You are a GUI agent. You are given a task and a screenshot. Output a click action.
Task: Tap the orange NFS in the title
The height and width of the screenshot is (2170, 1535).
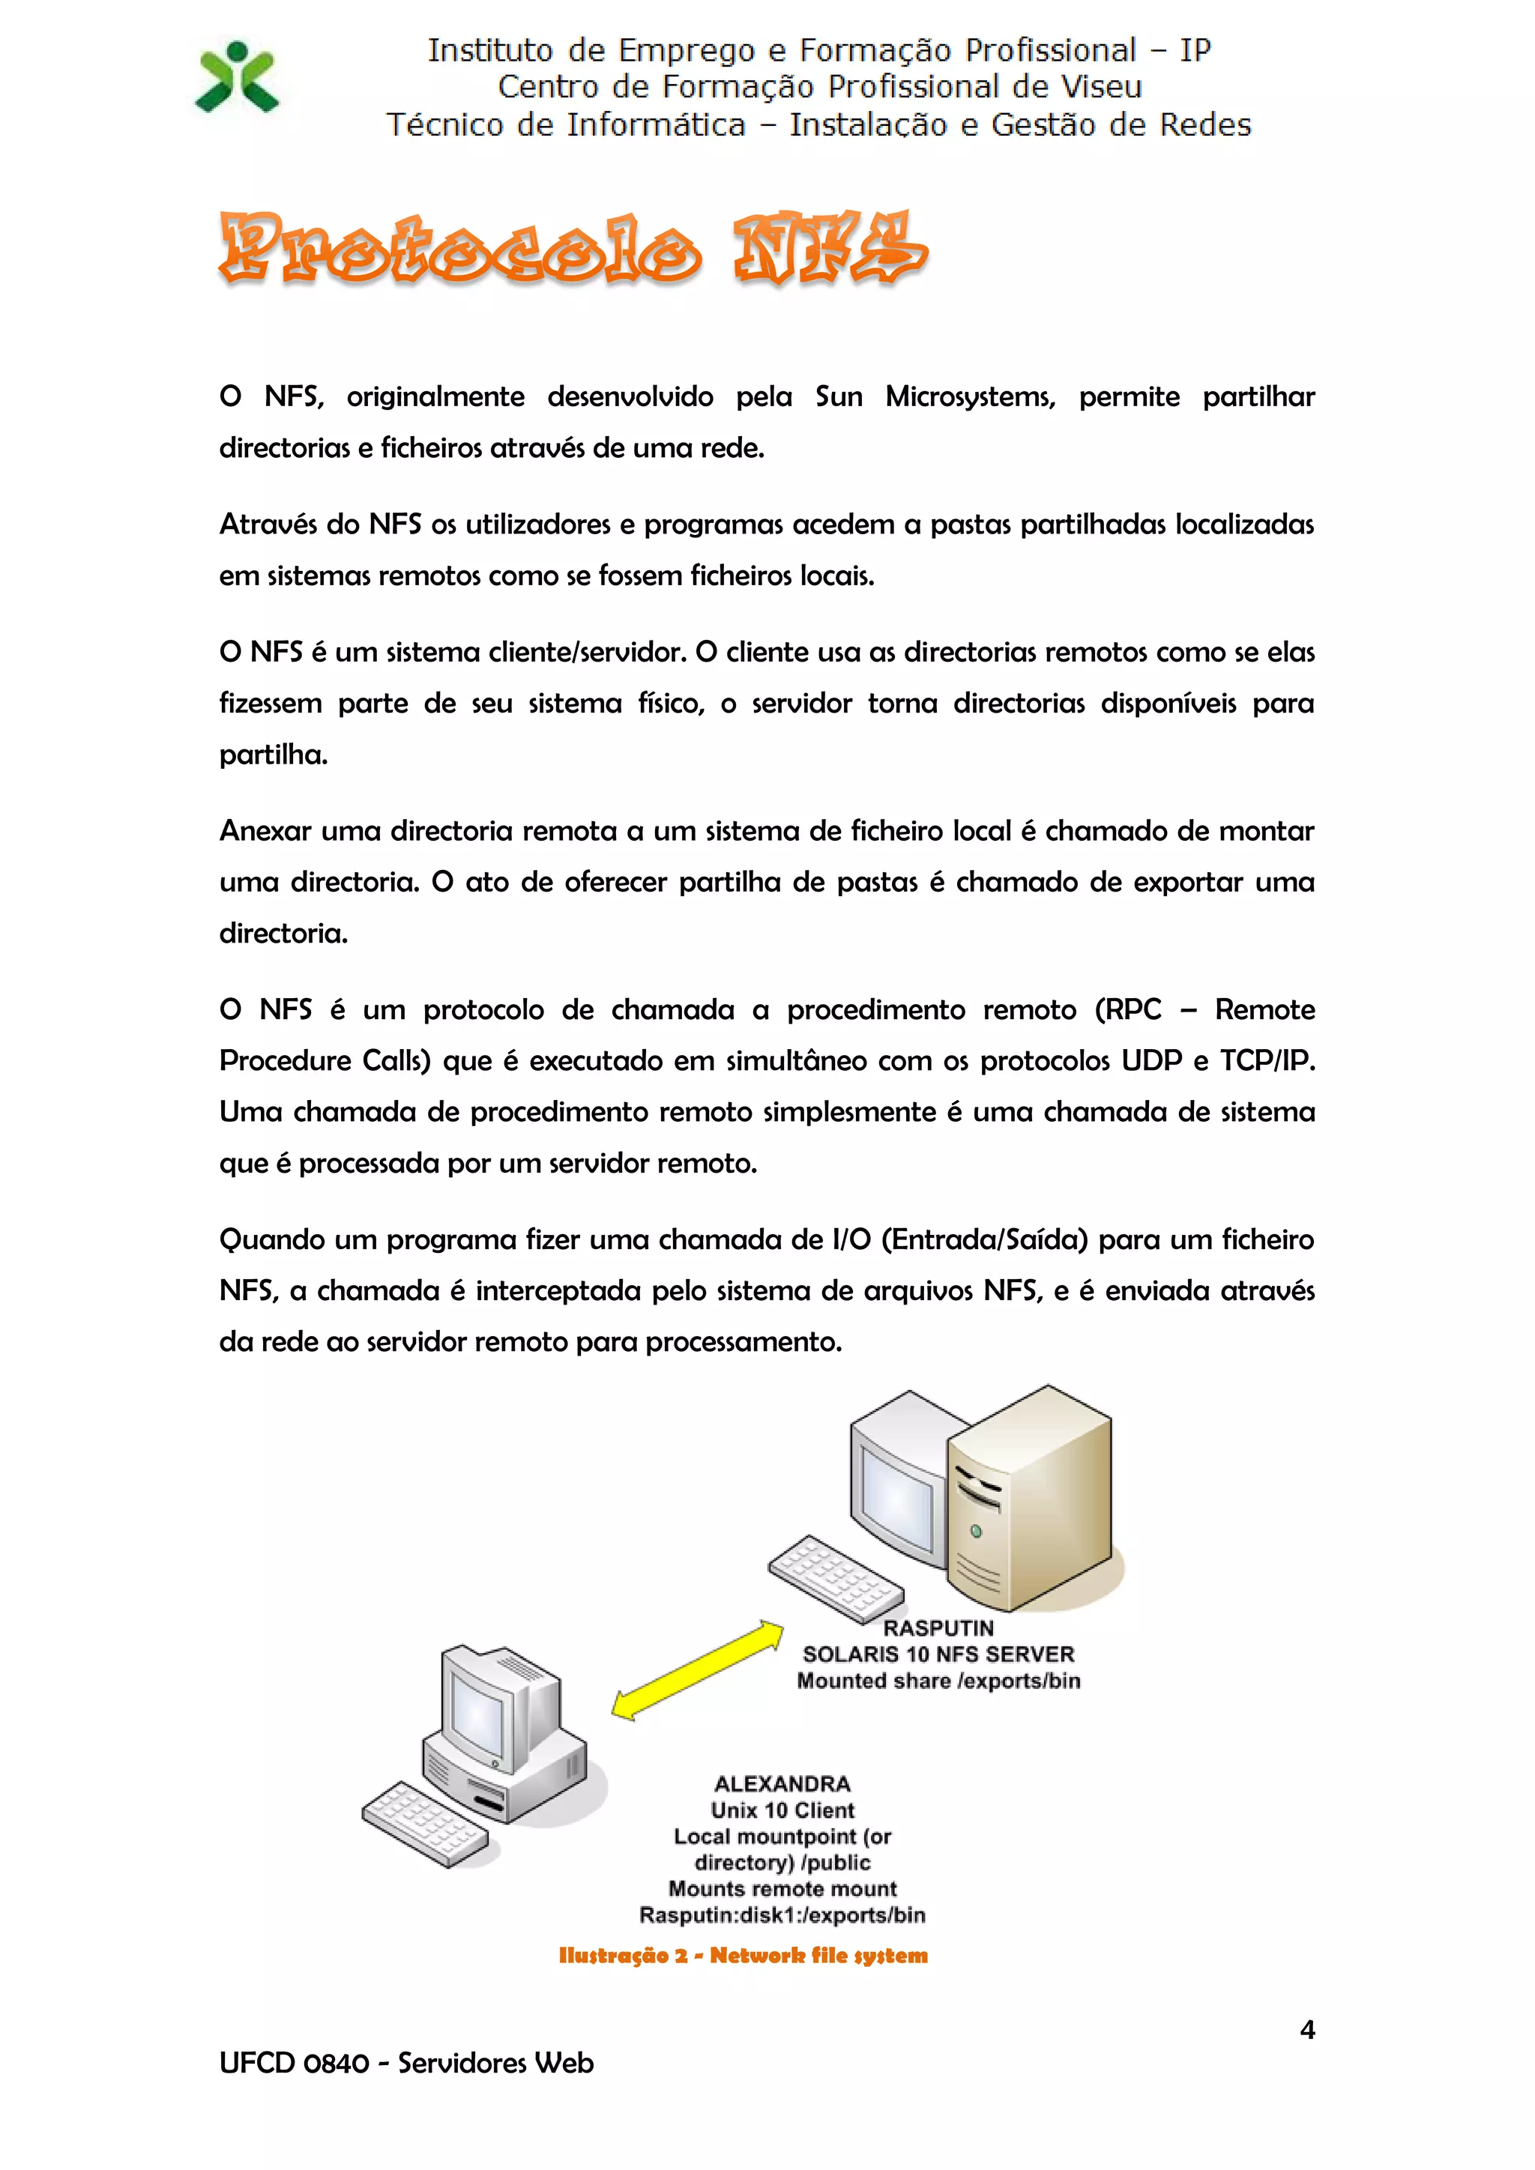tap(829, 250)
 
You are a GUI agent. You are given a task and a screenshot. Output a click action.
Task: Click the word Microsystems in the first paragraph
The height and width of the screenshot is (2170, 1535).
tap(969, 397)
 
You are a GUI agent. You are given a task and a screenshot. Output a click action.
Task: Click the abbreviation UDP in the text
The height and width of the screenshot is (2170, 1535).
tap(1151, 1061)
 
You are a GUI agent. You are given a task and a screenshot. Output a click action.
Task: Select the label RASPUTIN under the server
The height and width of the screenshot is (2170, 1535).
tap(938, 1628)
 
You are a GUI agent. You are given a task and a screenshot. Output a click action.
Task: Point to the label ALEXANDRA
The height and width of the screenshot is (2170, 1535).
tap(782, 1784)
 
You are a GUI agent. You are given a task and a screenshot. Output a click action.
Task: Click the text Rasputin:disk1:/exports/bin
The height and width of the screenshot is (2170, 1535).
tap(782, 1916)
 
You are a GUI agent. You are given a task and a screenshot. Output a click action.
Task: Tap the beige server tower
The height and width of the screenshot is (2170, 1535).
tap(1031, 1503)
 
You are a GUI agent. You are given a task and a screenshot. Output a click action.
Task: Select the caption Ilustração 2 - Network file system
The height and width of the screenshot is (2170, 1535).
tap(743, 1956)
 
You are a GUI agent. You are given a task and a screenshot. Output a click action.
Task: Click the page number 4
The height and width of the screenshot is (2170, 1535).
tap(1307, 2030)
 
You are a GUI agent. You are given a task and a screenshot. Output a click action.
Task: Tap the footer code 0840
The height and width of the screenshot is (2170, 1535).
tap(337, 2063)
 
